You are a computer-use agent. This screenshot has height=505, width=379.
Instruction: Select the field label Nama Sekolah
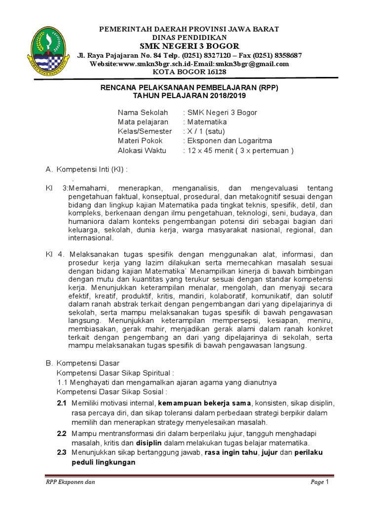139,112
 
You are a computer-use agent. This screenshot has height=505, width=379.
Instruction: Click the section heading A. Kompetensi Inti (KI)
86,170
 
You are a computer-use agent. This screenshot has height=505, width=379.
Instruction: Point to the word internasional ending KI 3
91,238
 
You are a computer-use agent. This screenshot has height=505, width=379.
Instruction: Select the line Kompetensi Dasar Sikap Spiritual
116,373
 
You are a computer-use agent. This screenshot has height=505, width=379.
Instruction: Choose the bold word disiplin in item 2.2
149,443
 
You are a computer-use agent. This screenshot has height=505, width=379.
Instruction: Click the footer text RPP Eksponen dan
67,482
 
